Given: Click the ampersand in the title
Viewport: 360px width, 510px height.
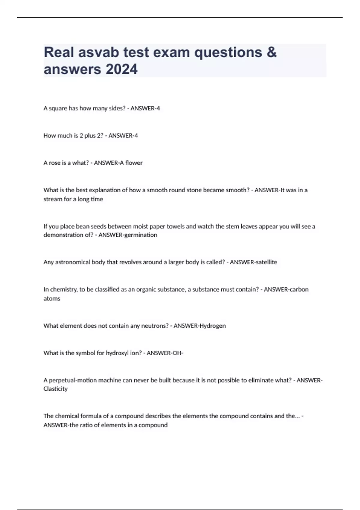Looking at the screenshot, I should pos(271,52).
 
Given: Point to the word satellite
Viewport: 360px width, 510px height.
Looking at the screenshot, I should pos(265,262).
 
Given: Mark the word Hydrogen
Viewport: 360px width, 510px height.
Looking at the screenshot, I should pos(212,326).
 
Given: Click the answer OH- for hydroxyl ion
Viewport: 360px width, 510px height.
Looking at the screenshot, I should pos(177,353).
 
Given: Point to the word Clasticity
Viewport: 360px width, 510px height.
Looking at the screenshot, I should pos(55,389).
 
